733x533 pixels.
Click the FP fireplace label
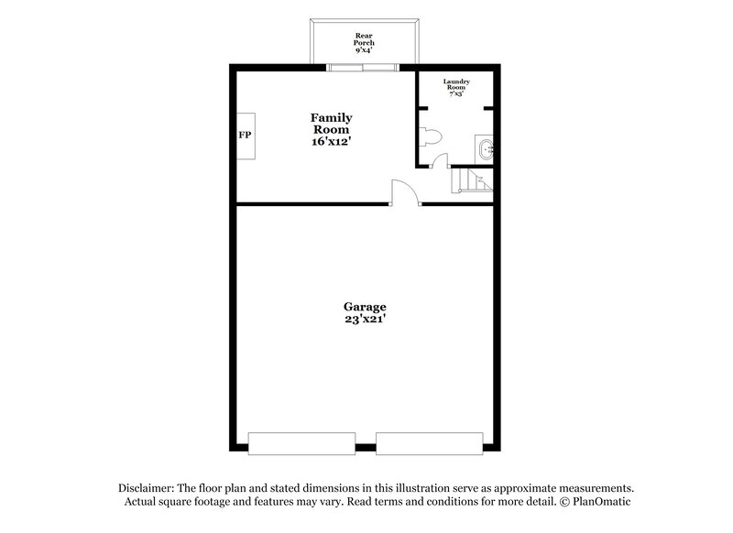click(245, 136)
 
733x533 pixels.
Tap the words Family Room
click(331, 124)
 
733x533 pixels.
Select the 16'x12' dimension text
click(331, 143)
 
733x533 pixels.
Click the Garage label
click(365, 307)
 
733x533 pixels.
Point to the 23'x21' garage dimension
click(365, 320)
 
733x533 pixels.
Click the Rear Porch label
click(365, 38)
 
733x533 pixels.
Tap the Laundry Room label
click(456, 84)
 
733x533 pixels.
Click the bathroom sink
click(485, 148)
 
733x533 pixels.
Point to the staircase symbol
click(473, 180)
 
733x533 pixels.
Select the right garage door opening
click(428, 443)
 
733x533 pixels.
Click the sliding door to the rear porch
click(364, 67)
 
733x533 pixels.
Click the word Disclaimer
click(149, 489)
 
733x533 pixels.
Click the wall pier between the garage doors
click(366, 448)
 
